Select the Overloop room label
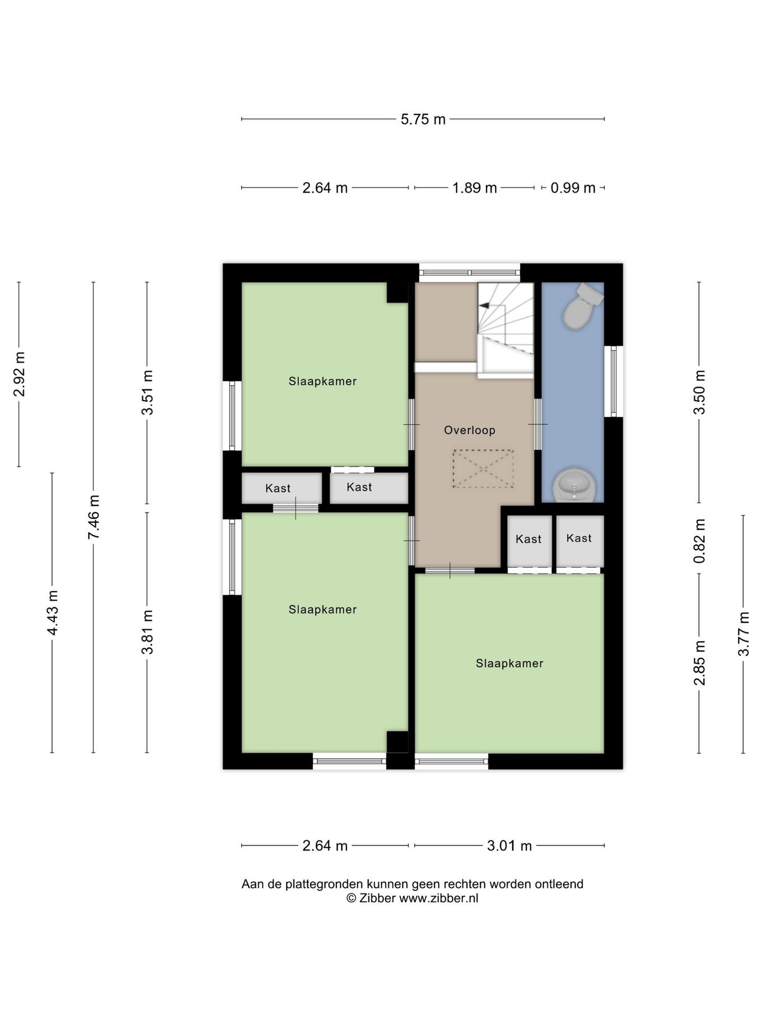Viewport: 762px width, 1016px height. (470, 430)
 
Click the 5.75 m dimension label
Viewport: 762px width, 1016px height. (423, 120)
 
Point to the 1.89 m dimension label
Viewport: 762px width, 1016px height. (475, 188)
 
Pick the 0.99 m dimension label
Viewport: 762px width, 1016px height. (573, 188)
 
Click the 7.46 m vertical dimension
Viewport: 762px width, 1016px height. (94, 517)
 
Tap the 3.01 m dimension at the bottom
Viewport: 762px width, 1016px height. (509, 846)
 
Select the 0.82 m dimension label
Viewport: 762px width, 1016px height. (700, 540)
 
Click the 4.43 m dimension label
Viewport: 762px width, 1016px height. (52, 612)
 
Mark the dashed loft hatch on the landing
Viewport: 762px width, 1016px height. (483, 469)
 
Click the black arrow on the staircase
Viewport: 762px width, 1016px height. (484, 305)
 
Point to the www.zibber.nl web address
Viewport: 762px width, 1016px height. (439, 898)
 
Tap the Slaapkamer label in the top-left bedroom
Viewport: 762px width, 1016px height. (323, 382)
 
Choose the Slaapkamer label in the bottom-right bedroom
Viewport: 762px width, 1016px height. (510, 664)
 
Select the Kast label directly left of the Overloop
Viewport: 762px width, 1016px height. (359, 487)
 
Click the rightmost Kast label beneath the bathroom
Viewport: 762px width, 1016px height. (579, 538)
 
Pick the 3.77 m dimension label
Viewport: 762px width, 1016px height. (744, 633)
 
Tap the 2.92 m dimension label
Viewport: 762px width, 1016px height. (20, 374)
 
